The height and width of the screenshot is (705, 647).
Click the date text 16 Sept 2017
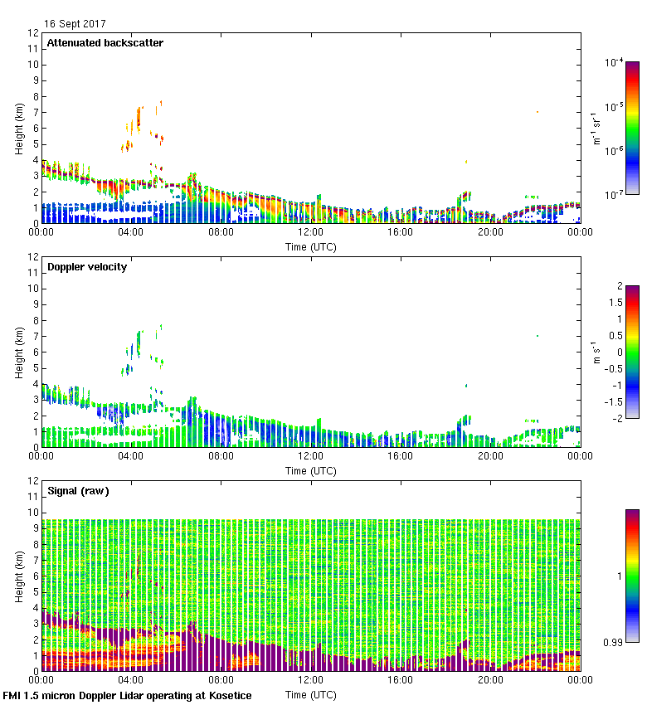75,24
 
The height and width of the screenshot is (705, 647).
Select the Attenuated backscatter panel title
105,42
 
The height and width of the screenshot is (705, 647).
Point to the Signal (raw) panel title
79,490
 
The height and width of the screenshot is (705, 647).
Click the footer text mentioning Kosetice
128,695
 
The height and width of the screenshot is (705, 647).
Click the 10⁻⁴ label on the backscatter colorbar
615,63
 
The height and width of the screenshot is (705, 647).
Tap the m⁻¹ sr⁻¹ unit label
595,128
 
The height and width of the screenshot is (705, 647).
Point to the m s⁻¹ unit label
595,352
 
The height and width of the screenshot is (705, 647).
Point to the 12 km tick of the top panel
34,33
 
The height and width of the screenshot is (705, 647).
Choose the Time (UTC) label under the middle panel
311,471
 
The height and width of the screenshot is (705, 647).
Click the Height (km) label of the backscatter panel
18,128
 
